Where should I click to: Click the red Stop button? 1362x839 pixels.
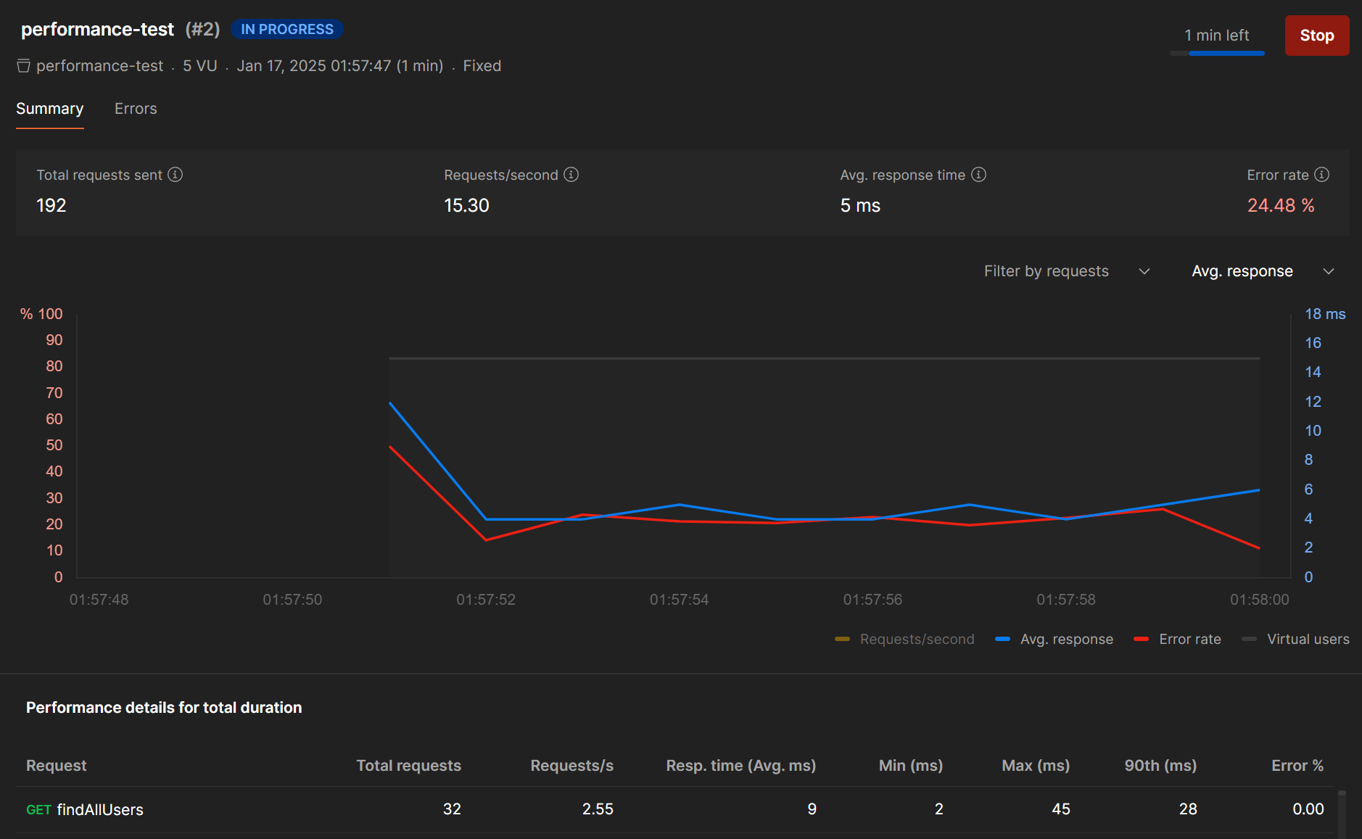[1316, 36]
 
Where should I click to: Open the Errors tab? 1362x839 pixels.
[136, 109]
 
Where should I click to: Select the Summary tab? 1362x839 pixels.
[49, 109]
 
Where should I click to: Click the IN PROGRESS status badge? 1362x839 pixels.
[286, 29]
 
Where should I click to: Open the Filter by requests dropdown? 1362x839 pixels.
[1066, 271]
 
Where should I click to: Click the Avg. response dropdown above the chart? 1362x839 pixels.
[1262, 271]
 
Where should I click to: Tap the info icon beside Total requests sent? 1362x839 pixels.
[176, 175]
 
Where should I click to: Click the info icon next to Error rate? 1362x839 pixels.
[1322, 175]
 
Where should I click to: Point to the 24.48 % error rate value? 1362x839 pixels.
[1280, 206]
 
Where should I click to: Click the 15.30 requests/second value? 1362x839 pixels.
[466, 206]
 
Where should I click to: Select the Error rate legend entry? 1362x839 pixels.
[1178, 640]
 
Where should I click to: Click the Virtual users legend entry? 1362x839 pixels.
[1296, 640]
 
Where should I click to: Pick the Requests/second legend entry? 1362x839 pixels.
[905, 640]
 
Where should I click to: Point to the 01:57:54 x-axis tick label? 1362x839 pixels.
[679, 600]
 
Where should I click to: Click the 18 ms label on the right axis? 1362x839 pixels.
[1325, 314]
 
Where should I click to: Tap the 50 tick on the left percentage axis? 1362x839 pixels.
[54, 445]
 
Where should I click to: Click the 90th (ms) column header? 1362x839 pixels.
[1160, 766]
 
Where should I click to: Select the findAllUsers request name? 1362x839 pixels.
[100, 810]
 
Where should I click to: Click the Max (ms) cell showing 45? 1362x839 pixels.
[1060, 809]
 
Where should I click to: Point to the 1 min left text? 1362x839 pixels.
[1216, 36]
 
